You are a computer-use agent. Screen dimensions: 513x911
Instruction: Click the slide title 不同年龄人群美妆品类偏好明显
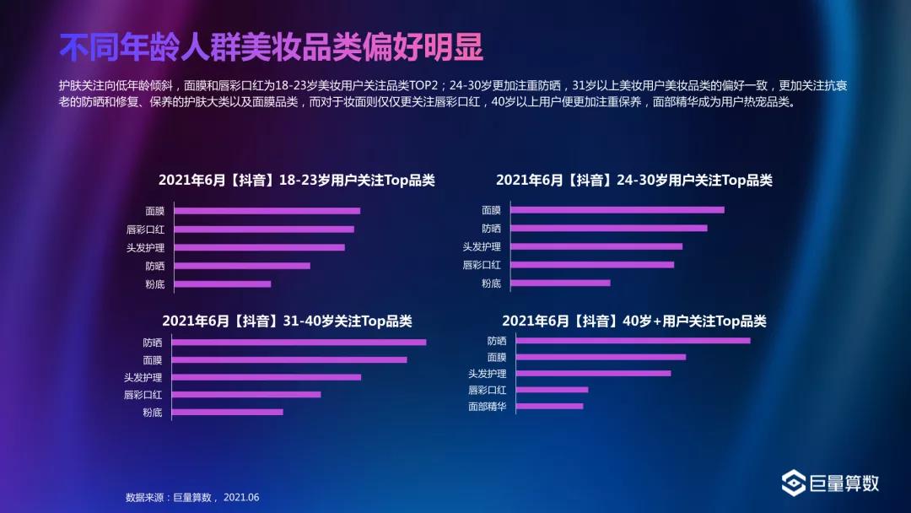point(271,48)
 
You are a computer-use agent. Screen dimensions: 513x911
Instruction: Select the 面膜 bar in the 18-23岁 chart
point(267,211)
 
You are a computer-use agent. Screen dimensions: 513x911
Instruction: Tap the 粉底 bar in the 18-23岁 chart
point(223,284)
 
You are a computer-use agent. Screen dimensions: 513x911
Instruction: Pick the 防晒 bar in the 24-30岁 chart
point(609,228)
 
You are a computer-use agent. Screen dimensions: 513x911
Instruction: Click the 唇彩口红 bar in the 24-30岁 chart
point(592,265)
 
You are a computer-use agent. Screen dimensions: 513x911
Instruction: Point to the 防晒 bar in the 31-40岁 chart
point(299,343)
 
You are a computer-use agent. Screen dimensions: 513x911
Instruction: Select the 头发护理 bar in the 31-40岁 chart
point(267,377)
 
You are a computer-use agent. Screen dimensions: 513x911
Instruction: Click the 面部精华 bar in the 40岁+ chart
point(549,406)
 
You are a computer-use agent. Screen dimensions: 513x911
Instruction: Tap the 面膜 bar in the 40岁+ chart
point(601,357)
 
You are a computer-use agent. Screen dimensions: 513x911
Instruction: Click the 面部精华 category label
point(488,407)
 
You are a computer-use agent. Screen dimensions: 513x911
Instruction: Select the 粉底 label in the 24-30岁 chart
point(491,283)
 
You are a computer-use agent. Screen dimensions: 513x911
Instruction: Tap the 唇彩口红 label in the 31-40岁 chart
point(143,395)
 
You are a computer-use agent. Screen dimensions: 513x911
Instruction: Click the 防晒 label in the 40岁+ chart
point(497,341)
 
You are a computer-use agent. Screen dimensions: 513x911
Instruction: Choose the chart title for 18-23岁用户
point(297,181)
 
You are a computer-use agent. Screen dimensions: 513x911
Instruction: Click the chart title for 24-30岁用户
point(634,181)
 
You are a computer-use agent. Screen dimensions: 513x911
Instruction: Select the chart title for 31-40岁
point(287,321)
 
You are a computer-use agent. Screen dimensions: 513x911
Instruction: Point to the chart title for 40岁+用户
point(634,321)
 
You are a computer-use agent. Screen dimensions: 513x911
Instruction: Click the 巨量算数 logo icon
point(793,483)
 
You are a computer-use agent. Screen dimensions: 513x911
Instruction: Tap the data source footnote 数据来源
point(192,498)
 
